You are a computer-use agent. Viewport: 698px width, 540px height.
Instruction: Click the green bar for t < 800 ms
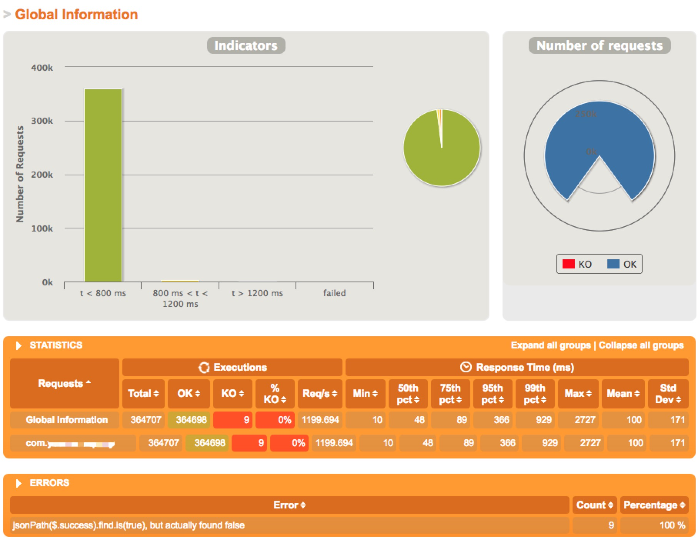pos(103,185)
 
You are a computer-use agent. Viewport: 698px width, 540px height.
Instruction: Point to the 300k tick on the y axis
pos(42,121)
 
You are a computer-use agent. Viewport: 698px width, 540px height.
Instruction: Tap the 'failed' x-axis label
pos(334,293)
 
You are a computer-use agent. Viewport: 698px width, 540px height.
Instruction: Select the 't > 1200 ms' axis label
pos(257,293)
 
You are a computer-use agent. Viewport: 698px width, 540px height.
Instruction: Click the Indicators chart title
pos(246,45)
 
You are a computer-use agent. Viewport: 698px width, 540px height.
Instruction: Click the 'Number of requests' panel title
pos(599,45)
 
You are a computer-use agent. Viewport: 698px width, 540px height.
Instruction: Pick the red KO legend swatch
pos(568,264)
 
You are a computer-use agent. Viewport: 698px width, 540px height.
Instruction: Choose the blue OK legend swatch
pos(613,264)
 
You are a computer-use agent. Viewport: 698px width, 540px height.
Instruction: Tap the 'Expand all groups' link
pos(551,345)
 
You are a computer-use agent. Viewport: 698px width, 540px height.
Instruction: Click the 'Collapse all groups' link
pos(641,345)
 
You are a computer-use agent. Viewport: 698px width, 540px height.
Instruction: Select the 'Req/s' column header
pos(320,393)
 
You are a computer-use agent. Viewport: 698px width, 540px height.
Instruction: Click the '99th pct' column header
pos(535,393)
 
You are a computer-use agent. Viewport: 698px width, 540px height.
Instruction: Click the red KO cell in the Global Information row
pos(233,420)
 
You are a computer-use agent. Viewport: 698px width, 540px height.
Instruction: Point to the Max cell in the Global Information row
pos(578,420)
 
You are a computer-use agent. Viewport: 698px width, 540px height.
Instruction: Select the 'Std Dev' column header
pos(668,393)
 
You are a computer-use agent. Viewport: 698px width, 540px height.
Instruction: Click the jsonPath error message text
pos(129,525)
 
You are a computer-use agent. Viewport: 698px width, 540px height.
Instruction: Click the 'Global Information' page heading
pos(76,15)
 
